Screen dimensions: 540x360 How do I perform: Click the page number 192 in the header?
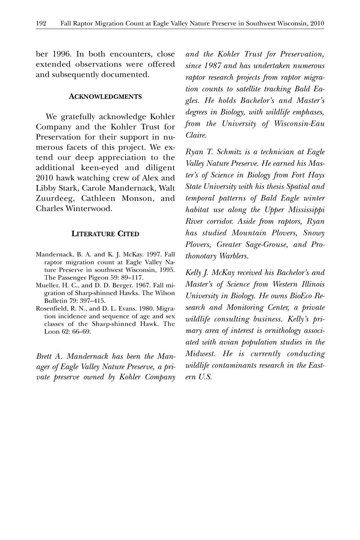pyautogui.click(x=41, y=23)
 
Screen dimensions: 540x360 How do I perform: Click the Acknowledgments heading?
pyautogui.click(x=105, y=97)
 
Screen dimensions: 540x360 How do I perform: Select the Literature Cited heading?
pyautogui.click(x=105, y=234)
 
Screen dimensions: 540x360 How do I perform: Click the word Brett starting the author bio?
pyautogui.click(x=45, y=356)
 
